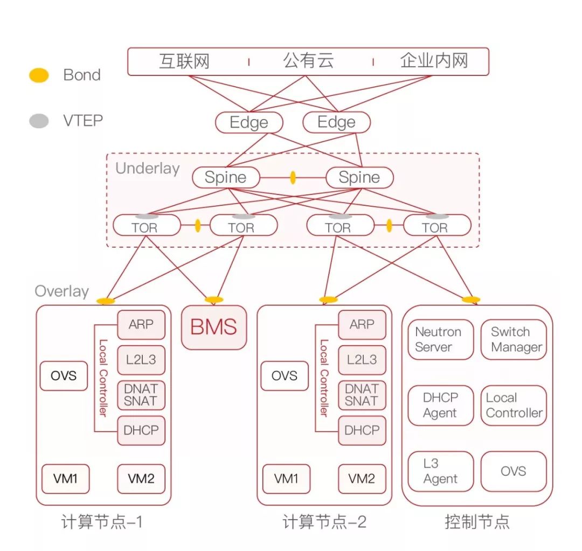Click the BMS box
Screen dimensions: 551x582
coord(214,327)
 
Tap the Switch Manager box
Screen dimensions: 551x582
coord(513,339)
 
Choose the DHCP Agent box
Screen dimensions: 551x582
coord(440,405)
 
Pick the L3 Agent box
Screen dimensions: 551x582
coord(440,471)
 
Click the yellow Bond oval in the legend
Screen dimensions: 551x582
coord(39,75)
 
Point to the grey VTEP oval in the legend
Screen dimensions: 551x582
coord(39,121)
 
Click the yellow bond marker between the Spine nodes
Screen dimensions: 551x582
coord(293,177)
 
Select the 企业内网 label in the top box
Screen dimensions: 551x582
coord(433,61)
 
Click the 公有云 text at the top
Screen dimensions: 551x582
coord(308,61)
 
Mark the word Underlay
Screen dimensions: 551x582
coord(147,168)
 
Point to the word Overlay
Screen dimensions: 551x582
coord(61,291)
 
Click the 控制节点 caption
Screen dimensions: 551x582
coord(477,521)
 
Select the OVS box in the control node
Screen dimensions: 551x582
coord(513,471)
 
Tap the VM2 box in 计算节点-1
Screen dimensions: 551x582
coord(141,478)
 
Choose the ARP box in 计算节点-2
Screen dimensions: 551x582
coord(362,324)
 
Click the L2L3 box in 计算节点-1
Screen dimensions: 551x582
coord(141,360)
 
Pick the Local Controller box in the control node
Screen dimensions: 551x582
coord(513,405)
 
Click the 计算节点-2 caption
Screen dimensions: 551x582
coord(324,521)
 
